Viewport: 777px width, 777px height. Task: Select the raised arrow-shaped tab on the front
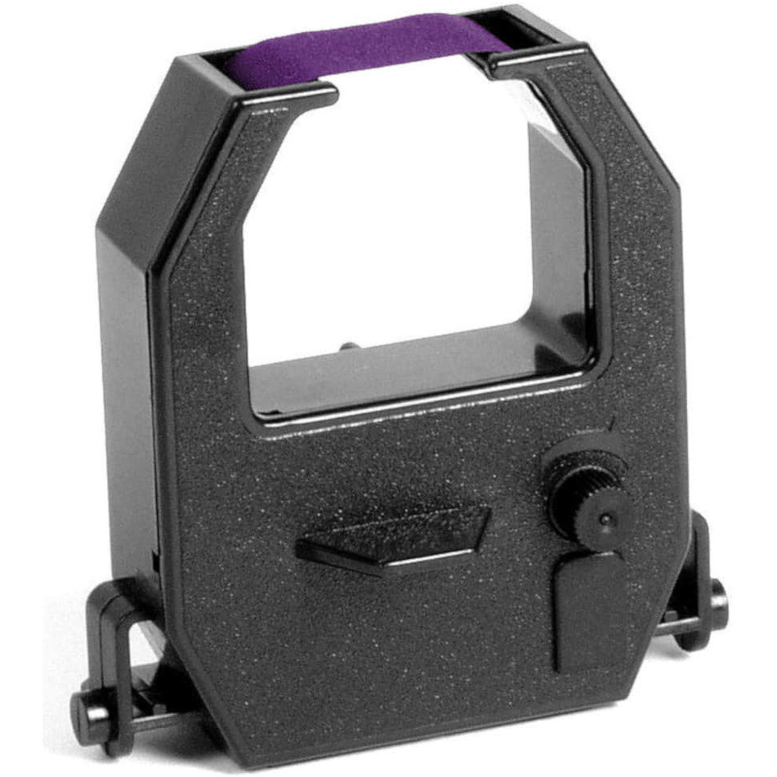395,535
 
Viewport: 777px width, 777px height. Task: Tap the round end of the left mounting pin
85,709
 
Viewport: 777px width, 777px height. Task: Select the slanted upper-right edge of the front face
644,137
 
